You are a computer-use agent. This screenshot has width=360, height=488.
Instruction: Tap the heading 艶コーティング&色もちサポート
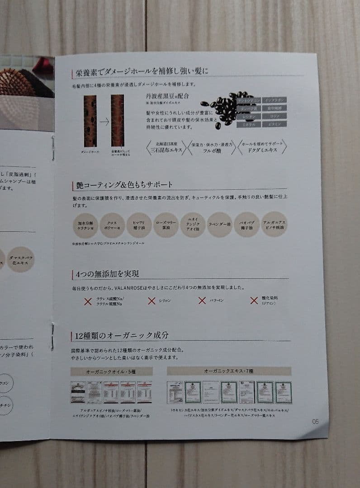[122, 185]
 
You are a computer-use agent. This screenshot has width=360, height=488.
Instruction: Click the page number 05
[315, 421]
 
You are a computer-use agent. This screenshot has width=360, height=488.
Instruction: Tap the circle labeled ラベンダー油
[220, 225]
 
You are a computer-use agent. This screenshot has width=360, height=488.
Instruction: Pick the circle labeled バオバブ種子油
[247, 225]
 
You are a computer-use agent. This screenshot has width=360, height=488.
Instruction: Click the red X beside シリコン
[152, 301]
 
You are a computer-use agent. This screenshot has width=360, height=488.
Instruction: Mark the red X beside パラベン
[202, 300]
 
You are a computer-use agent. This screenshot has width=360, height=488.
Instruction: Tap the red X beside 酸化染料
[254, 300]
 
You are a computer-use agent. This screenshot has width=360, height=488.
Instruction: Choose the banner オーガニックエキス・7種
[229, 371]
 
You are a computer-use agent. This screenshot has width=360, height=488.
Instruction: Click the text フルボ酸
[211, 150]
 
